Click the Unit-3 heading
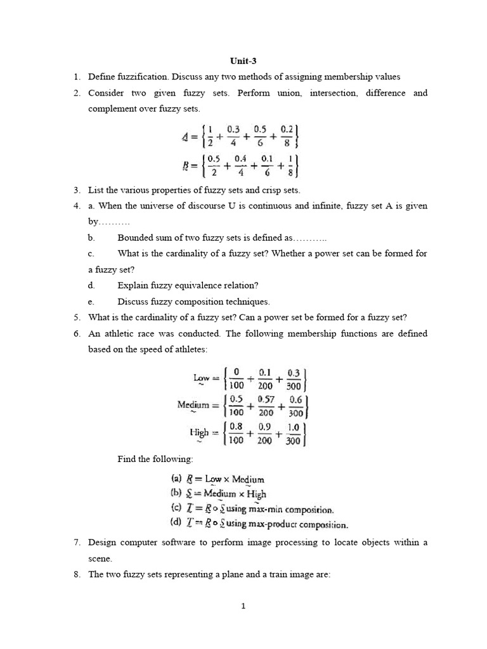tap(243, 61)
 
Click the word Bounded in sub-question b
tap(134, 238)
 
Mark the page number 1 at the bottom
tap(243, 606)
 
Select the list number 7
tap(75, 543)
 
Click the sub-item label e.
tap(91, 302)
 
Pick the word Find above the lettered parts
tap(128, 459)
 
